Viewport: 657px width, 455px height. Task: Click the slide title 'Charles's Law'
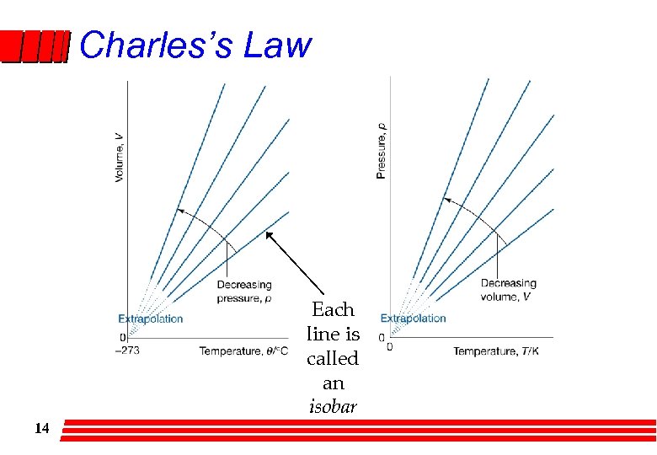[195, 45]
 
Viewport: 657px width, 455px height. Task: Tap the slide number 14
[42, 429]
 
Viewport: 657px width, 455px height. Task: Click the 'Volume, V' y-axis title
[119, 157]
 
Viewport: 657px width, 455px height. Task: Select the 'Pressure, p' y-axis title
[382, 151]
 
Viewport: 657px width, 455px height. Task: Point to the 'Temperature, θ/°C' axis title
[243, 351]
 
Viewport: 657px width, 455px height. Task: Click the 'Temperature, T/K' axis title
[496, 351]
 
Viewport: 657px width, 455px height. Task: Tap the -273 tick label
[127, 351]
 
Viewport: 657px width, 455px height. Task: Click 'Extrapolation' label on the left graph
[150, 318]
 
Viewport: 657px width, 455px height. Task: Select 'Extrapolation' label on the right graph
[413, 318]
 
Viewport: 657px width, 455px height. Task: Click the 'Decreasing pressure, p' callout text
[244, 291]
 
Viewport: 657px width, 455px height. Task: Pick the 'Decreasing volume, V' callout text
[508, 289]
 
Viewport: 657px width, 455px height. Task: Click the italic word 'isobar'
[333, 407]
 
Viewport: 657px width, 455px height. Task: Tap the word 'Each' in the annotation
[333, 309]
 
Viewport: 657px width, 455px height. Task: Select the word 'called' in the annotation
[333, 358]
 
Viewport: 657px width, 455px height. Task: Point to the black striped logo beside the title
[34, 47]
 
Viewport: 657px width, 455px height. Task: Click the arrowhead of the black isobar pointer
[269, 234]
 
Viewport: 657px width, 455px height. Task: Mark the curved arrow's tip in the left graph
[177, 210]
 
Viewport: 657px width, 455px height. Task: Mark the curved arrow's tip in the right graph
[445, 200]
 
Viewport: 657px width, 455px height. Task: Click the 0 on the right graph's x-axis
[390, 347]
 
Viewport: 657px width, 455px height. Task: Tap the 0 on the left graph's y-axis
[122, 337]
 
